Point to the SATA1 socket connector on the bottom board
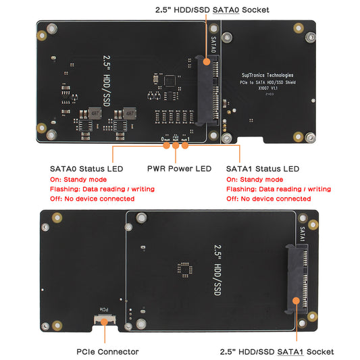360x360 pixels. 295,278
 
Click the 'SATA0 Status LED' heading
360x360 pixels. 86,169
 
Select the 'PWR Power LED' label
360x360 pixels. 179,169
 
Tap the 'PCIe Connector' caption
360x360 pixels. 108,351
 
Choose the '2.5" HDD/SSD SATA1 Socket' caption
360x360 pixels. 277,351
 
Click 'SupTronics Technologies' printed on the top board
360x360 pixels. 267,76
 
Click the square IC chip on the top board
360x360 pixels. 170,80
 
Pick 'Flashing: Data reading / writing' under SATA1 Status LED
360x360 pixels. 278,189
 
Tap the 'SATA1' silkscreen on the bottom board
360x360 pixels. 302,234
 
